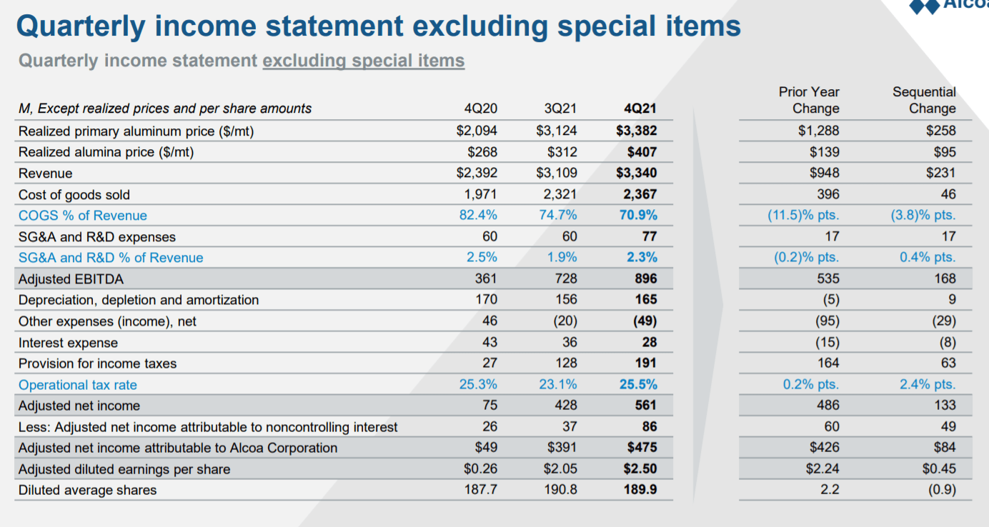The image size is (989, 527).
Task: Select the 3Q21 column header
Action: pos(560,109)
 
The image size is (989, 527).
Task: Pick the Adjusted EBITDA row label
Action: pos(71,279)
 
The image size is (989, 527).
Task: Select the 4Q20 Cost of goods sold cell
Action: pos(482,194)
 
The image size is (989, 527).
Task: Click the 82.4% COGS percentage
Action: pos(478,216)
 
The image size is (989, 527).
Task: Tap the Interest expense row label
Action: pos(68,343)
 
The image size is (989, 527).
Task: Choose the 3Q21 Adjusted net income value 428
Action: pos(564,406)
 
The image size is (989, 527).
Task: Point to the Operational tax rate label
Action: pos(77,385)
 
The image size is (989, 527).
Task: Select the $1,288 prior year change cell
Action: pos(818,131)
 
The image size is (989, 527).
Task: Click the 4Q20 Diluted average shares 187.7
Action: pos(481,491)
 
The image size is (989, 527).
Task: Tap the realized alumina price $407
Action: pos(641,152)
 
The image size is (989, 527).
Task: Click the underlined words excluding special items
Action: pos(363,61)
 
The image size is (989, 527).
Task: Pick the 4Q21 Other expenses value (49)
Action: pos(642,321)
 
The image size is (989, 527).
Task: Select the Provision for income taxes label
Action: pos(97,363)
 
